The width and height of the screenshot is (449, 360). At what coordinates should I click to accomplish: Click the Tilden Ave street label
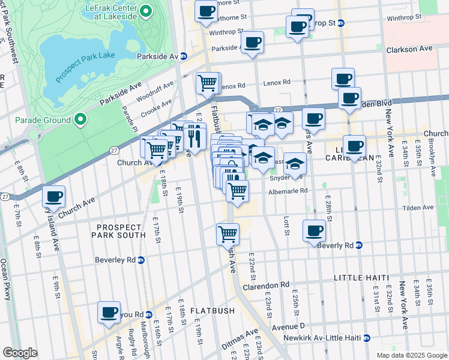[418, 207]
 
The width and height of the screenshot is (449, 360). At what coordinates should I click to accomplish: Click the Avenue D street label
[289, 326]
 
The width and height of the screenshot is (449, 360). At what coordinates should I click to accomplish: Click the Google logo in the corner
[20, 353]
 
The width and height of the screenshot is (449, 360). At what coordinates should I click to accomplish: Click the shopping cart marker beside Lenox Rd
[208, 82]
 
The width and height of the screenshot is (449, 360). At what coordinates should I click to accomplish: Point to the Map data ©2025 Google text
[411, 355]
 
